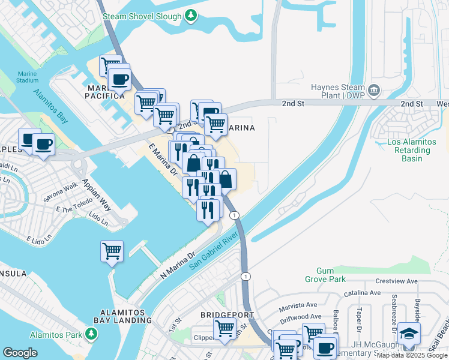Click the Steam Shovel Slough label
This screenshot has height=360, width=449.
tap(141, 16)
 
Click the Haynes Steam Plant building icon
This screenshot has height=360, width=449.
tap(374, 90)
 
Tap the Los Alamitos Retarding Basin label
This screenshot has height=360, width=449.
tap(409, 150)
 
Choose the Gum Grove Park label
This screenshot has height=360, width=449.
tap(328, 275)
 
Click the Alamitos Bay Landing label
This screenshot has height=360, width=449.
tap(126, 316)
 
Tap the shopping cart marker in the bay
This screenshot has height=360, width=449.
tap(112, 251)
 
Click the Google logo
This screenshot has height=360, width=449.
tap(20, 353)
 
